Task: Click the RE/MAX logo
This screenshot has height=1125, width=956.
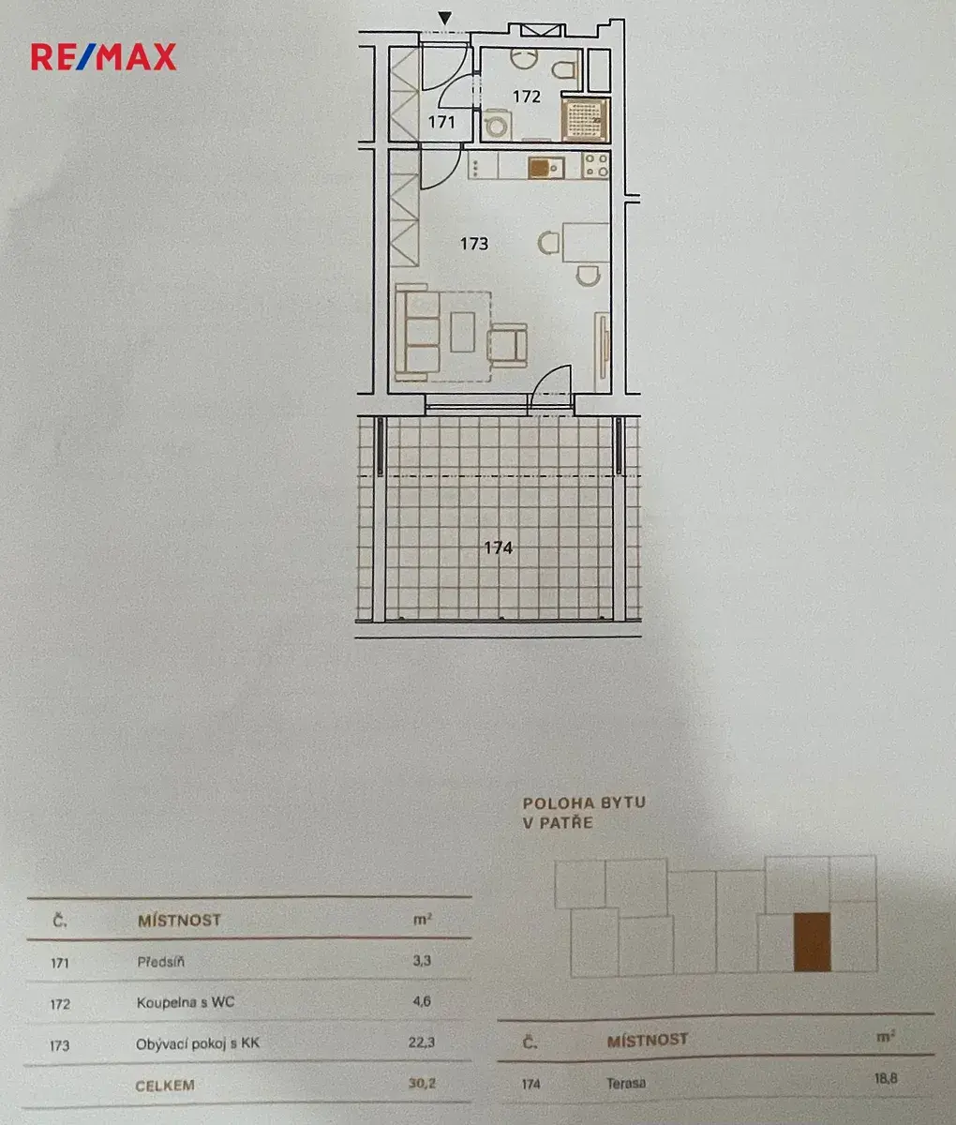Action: pyautogui.click(x=103, y=57)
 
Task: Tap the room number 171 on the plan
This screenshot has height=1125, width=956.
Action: pyautogui.click(x=441, y=121)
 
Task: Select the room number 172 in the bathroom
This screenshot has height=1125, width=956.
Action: pyautogui.click(x=526, y=97)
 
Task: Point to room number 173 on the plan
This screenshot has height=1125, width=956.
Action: pyautogui.click(x=474, y=244)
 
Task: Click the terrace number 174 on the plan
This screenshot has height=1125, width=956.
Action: pyautogui.click(x=499, y=547)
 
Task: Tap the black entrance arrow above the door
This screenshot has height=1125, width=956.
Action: pyautogui.click(x=445, y=19)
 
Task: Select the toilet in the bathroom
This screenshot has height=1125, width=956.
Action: pyautogui.click(x=564, y=70)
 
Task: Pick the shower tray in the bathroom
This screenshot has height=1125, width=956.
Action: pyautogui.click(x=584, y=119)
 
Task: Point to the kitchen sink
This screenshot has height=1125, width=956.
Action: pyautogui.click(x=545, y=168)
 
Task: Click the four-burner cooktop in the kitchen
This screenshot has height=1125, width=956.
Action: pyautogui.click(x=596, y=165)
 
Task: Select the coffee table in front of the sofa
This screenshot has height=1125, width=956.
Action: pyautogui.click(x=462, y=332)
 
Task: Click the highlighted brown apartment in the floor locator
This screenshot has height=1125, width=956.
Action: pyautogui.click(x=812, y=942)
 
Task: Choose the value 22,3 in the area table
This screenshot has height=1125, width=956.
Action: pyautogui.click(x=422, y=1042)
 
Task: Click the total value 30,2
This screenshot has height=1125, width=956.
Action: pyautogui.click(x=422, y=1083)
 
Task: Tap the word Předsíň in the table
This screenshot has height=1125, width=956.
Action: pyautogui.click(x=160, y=962)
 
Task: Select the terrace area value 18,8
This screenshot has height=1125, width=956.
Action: pyautogui.click(x=886, y=1078)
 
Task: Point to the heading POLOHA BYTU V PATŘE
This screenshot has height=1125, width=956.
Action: pyautogui.click(x=584, y=813)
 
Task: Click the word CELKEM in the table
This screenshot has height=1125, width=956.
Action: pyautogui.click(x=165, y=1086)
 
